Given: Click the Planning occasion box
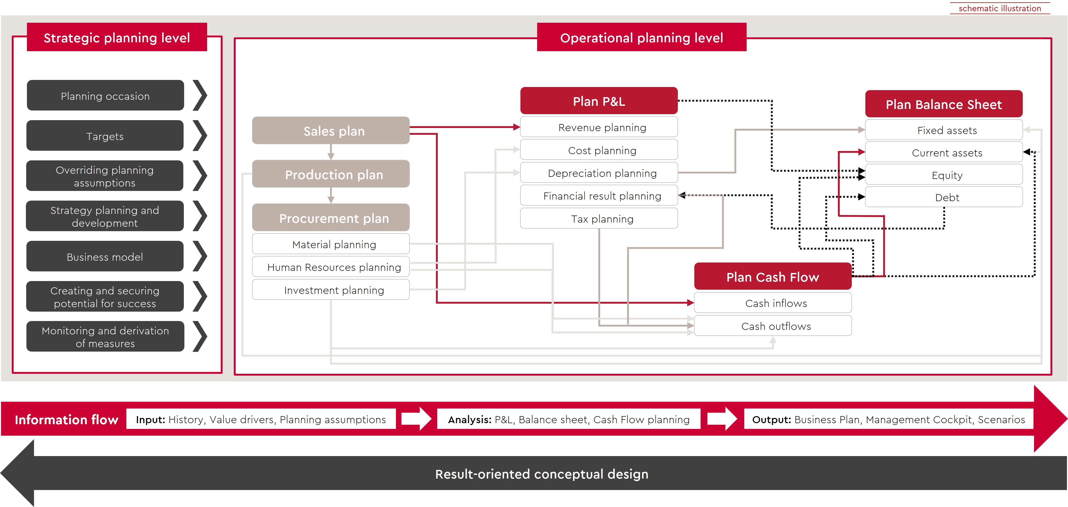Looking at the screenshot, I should click(x=105, y=96).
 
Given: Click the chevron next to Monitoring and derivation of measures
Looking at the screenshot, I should click(x=200, y=336).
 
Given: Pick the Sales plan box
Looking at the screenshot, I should click(x=331, y=131).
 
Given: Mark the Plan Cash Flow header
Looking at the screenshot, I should click(x=773, y=276).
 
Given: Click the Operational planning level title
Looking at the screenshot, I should click(x=641, y=37).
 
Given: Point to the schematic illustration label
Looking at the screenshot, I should click(x=999, y=8).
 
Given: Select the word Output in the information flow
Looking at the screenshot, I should click(x=771, y=419).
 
